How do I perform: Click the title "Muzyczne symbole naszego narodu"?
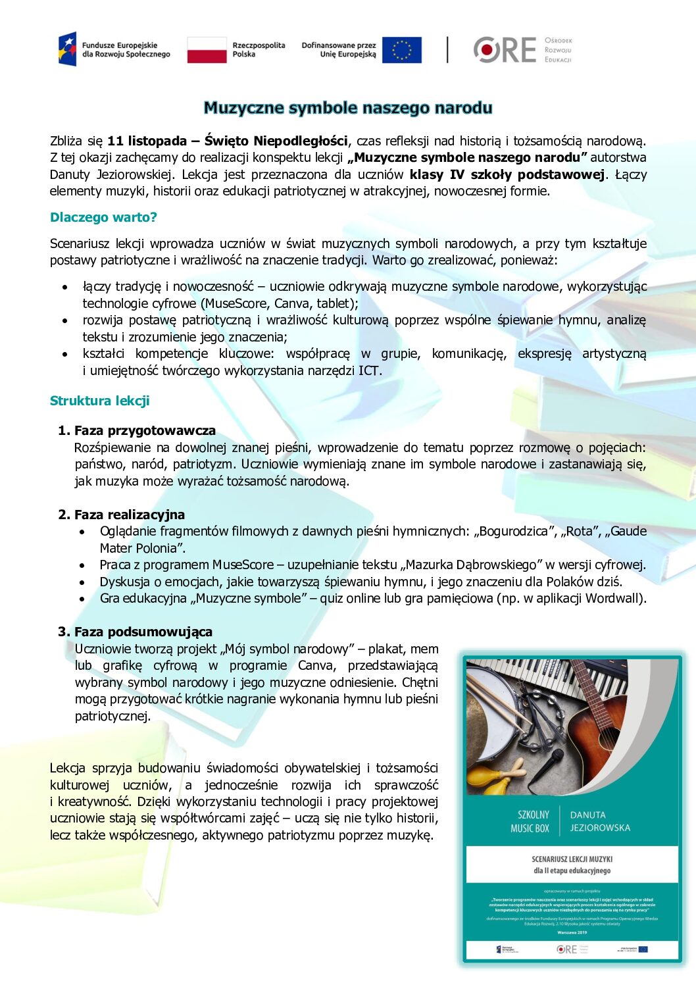(347, 108)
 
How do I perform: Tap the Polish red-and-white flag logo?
(207, 50)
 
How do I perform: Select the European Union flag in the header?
(401, 50)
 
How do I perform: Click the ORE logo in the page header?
(505, 50)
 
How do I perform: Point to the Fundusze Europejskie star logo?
(67, 49)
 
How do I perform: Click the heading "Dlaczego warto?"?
(103, 217)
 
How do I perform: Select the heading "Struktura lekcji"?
(99, 401)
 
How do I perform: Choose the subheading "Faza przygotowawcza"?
(145, 430)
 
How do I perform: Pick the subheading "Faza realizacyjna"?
(129, 515)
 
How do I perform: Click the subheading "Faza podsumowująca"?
(143, 632)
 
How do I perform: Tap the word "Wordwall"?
(613, 598)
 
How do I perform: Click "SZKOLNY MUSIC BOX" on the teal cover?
(530, 821)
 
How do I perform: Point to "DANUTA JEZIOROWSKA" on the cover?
(599, 821)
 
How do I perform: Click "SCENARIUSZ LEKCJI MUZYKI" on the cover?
(572, 859)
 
